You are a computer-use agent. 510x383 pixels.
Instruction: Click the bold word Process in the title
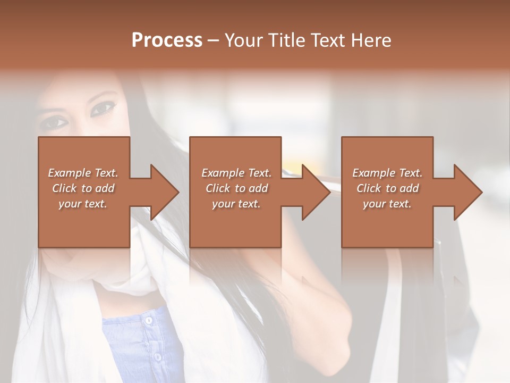pyautogui.click(x=167, y=40)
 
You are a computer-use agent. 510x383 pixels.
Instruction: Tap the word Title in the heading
pyautogui.click(x=285, y=40)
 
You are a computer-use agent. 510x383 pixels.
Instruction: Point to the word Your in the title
pyautogui.click(x=244, y=40)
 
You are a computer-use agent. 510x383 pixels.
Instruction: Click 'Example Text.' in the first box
pyautogui.click(x=83, y=173)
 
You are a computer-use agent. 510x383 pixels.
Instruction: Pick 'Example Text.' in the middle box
pyautogui.click(x=236, y=173)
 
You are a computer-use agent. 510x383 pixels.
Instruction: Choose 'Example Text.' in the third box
pyautogui.click(x=387, y=173)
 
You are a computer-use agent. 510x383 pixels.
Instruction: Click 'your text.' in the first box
pyautogui.click(x=83, y=204)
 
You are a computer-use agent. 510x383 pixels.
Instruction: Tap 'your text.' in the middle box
pyautogui.click(x=236, y=204)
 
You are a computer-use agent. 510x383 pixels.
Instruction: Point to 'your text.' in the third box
pyautogui.click(x=387, y=204)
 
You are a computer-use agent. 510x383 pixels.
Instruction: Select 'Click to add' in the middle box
pyautogui.click(x=236, y=188)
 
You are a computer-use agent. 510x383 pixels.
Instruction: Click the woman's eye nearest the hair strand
pyautogui.click(x=102, y=110)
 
